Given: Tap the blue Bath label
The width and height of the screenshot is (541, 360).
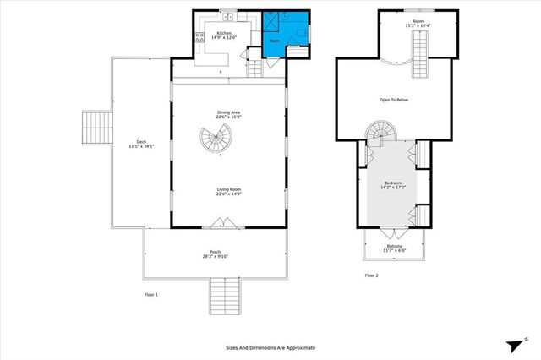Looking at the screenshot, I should click(x=275, y=40).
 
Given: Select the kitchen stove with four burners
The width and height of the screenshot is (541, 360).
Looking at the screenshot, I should click(x=200, y=36).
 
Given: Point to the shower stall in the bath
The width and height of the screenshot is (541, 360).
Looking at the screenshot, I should click(x=274, y=22).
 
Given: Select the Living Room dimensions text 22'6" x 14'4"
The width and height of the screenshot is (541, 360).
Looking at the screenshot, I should click(x=228, y=194).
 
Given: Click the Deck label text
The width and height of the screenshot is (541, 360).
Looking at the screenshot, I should click(x=142, y=141).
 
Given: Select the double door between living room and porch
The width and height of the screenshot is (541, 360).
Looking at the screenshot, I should click(x=222, y=223).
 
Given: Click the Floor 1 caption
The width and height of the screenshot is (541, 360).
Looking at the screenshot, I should click(x=150, y=293).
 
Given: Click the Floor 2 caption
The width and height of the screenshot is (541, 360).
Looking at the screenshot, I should click(x=372, y=275).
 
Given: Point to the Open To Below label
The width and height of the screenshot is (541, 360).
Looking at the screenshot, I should click(x=393, y=101).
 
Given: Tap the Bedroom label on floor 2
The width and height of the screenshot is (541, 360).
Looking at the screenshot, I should click(x=393, y=182).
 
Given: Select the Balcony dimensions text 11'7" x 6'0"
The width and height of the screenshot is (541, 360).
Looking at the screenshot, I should click(x=395, y=250).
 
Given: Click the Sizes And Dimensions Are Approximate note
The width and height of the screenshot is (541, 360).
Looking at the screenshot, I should click(x=270, y=347).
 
